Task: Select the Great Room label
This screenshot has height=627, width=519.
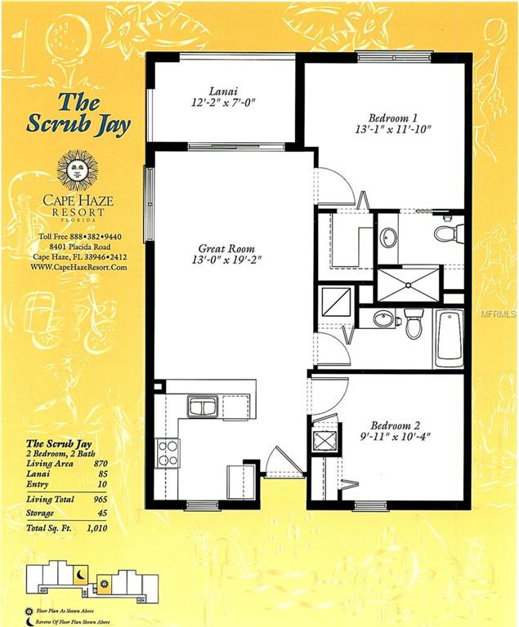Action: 226,248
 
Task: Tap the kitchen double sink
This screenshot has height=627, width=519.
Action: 201,405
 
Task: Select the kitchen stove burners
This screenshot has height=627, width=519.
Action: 168,451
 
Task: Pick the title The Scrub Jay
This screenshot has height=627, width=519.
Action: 88,113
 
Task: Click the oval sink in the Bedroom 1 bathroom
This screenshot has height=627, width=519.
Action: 389,238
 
